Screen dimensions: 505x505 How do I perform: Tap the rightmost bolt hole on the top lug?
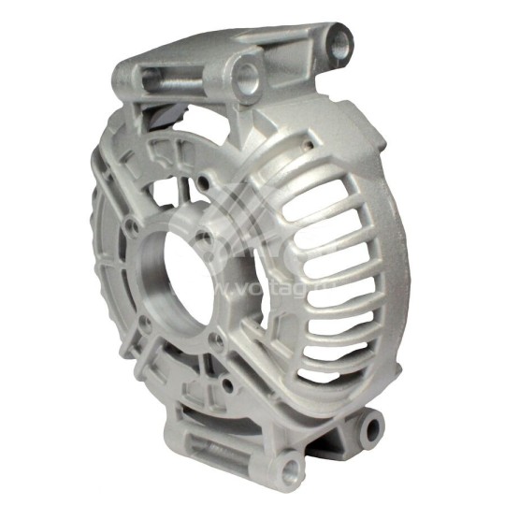pyautogui.click(x=340, y=39)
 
